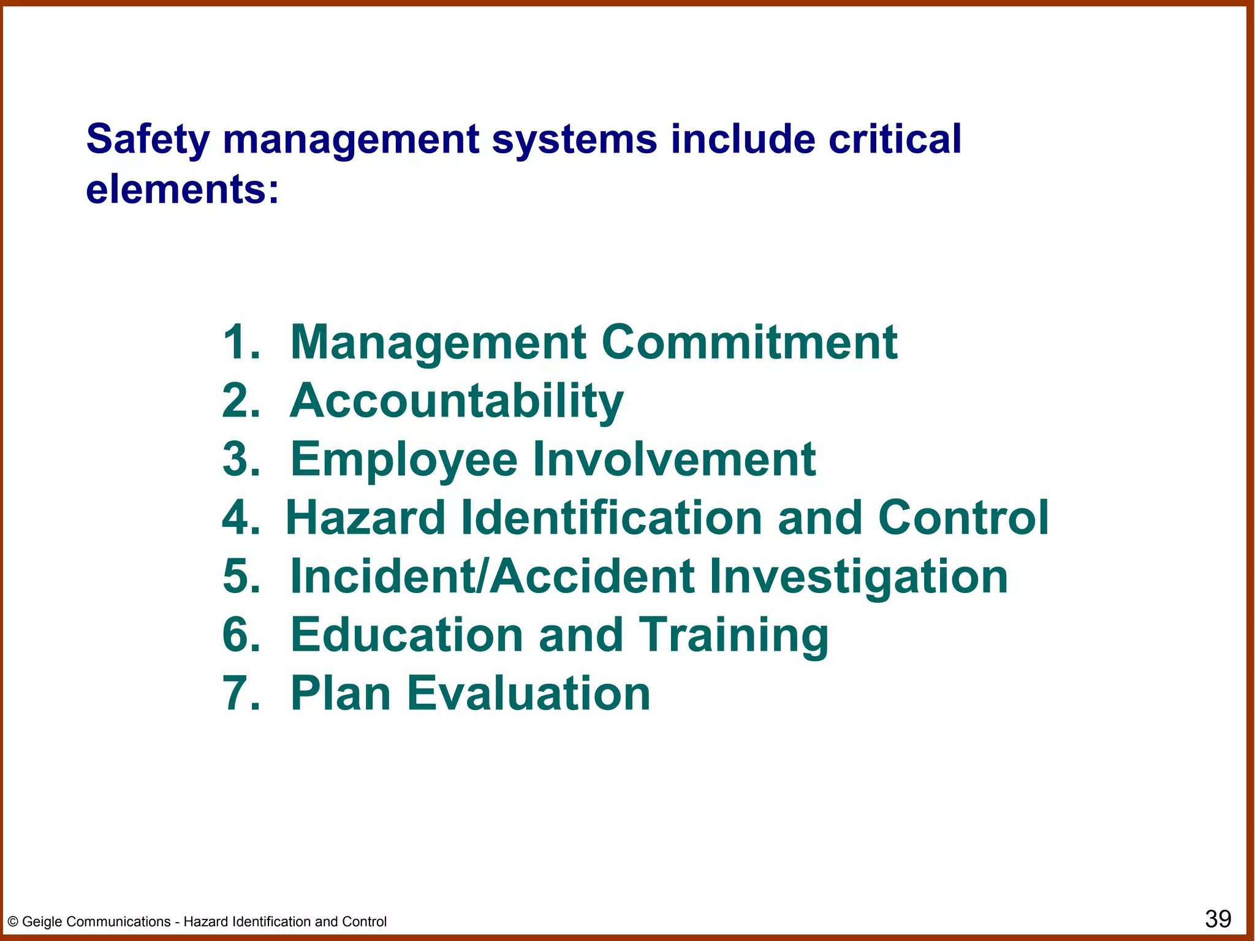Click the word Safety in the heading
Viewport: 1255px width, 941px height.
tap(148, 140)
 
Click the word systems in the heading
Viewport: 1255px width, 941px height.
tap(574, 140)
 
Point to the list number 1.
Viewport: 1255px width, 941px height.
tap(241, 341)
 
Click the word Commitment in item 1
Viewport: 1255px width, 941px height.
tap(749, 341)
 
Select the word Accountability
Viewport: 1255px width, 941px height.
tap(457, 401)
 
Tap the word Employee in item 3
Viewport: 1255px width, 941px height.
tap(404, 459)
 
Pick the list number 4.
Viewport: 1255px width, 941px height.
tap(241, 518)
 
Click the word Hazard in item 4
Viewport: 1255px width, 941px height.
tap(366, 518)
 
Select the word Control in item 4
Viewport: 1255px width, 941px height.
tap(963, 518)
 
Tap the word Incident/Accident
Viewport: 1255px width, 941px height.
tap(492, 576)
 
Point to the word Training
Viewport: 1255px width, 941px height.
tap(734, 636)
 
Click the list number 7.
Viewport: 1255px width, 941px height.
tap(241, 693)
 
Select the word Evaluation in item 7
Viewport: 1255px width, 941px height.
tap(528, 693)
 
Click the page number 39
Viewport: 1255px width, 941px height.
tap(1218, 919)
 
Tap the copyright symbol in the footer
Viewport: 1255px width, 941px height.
tap(13, 922)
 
